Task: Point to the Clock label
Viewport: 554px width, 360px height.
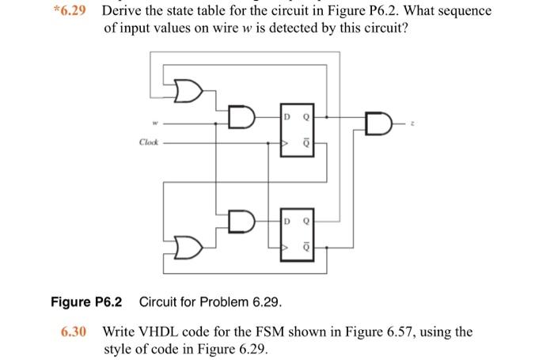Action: point(149,143)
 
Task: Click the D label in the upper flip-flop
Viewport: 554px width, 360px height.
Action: point(289,118)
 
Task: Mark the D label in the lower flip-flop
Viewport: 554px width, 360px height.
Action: point(289,219)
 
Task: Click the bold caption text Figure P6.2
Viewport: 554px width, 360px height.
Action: point(86,301)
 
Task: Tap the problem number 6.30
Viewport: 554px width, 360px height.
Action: point(74,332)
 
